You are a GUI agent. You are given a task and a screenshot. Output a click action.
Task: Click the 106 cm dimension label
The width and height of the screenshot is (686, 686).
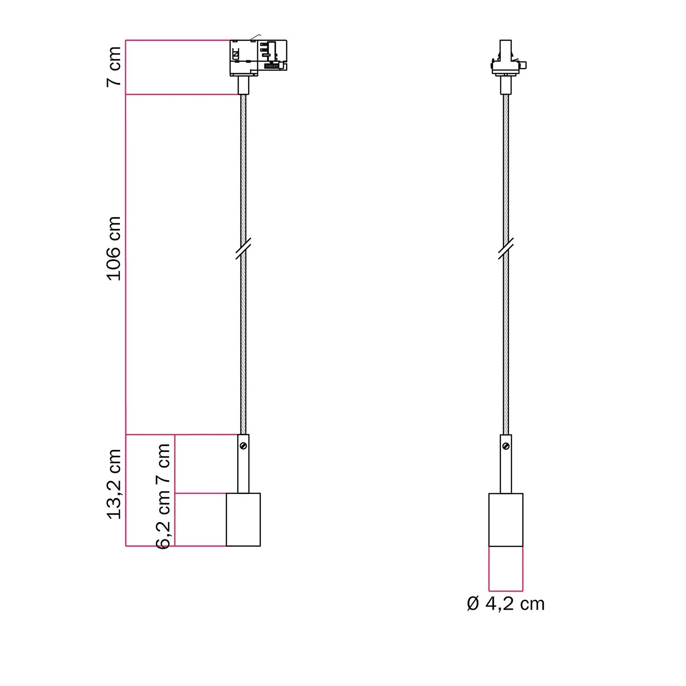pyautogui.click(x=114, y=248)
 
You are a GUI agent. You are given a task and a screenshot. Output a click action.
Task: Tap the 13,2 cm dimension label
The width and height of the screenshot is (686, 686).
pyautogui.click(x=114, y=484)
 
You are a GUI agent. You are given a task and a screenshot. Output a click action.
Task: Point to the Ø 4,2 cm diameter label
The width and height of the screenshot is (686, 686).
pyautogui.click(x=506, y=604)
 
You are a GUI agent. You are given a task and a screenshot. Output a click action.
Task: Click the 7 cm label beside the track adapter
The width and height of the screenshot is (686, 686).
pyautogui.click(x=114, y=66)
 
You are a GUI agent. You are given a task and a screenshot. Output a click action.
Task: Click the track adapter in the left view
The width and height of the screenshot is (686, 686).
pyautogui.click(x=258, y=58)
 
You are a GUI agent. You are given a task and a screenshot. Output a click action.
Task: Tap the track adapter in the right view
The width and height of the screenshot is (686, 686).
pyautogui.click(x=506, y=58)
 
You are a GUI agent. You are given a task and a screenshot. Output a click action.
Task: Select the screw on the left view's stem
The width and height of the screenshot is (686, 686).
pyautogui.click(x=244, y=445)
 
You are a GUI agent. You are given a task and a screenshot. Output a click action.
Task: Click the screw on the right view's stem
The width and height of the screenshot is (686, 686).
pyautogui.click(x=506, y=445)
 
